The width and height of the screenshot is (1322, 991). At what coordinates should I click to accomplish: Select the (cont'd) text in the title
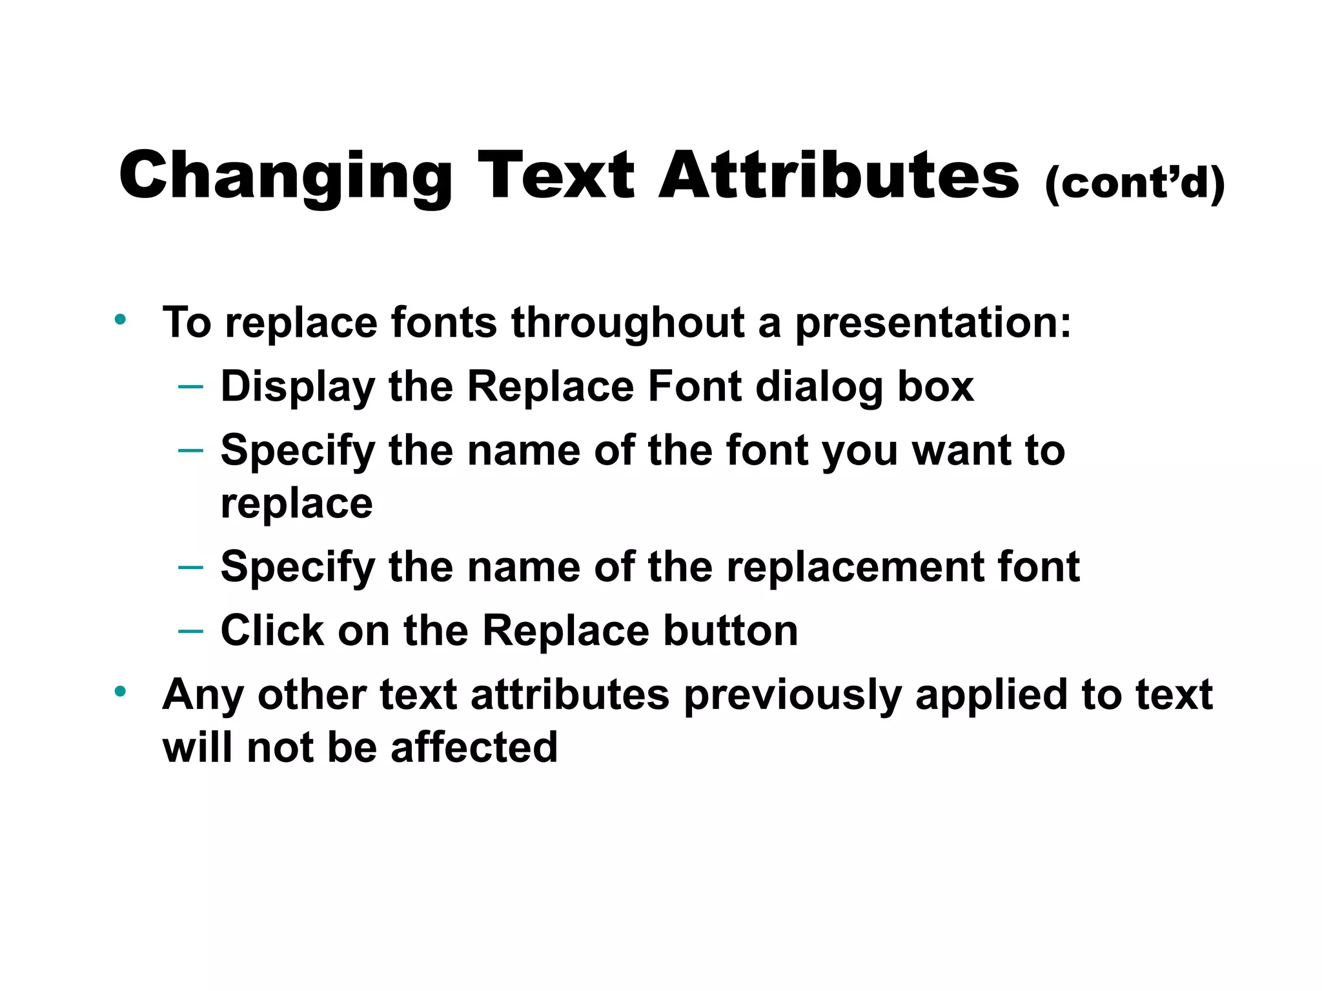(1134, 183)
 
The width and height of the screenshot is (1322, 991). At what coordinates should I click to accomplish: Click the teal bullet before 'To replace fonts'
(120, 319)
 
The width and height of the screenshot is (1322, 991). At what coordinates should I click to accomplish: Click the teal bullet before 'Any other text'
(120, 692)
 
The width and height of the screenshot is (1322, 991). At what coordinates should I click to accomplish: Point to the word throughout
(627, 323)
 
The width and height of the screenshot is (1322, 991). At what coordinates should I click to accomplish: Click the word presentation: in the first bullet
(933, 323)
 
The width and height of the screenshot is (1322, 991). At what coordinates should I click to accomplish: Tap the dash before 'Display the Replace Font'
(190, 386)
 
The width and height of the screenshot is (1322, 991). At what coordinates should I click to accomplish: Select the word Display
(298, 387)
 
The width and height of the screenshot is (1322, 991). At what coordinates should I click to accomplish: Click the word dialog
(819, 387)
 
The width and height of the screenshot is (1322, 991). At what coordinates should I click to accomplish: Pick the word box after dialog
(935, 386)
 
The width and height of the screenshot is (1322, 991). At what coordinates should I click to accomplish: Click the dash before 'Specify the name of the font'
(190, 450)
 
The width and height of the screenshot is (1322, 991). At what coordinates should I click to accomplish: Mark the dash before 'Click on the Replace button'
(190, 630)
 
